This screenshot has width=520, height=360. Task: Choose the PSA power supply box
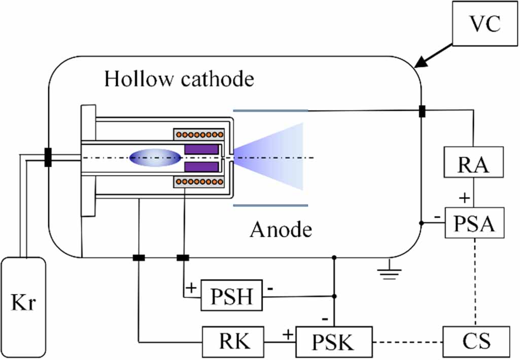(x=475, y=223)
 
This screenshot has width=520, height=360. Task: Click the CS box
(x=476, y=341)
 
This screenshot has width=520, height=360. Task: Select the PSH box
(x=232, y=294)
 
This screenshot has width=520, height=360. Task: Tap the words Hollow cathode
(x=179, y=79)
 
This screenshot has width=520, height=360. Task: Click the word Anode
(x=281, y=230)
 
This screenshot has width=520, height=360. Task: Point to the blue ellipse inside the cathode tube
(x=155, y=158)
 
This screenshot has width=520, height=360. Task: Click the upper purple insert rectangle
(x=202, y=149)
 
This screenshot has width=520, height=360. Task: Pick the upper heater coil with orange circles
(x=200, y=136)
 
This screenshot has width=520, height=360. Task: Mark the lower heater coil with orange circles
(x=200, y=182)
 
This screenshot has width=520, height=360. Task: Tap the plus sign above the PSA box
(x=463, y=198)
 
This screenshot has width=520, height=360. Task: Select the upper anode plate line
(x=270, y=110)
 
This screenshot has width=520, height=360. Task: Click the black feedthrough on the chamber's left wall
(x=48, y=157)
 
